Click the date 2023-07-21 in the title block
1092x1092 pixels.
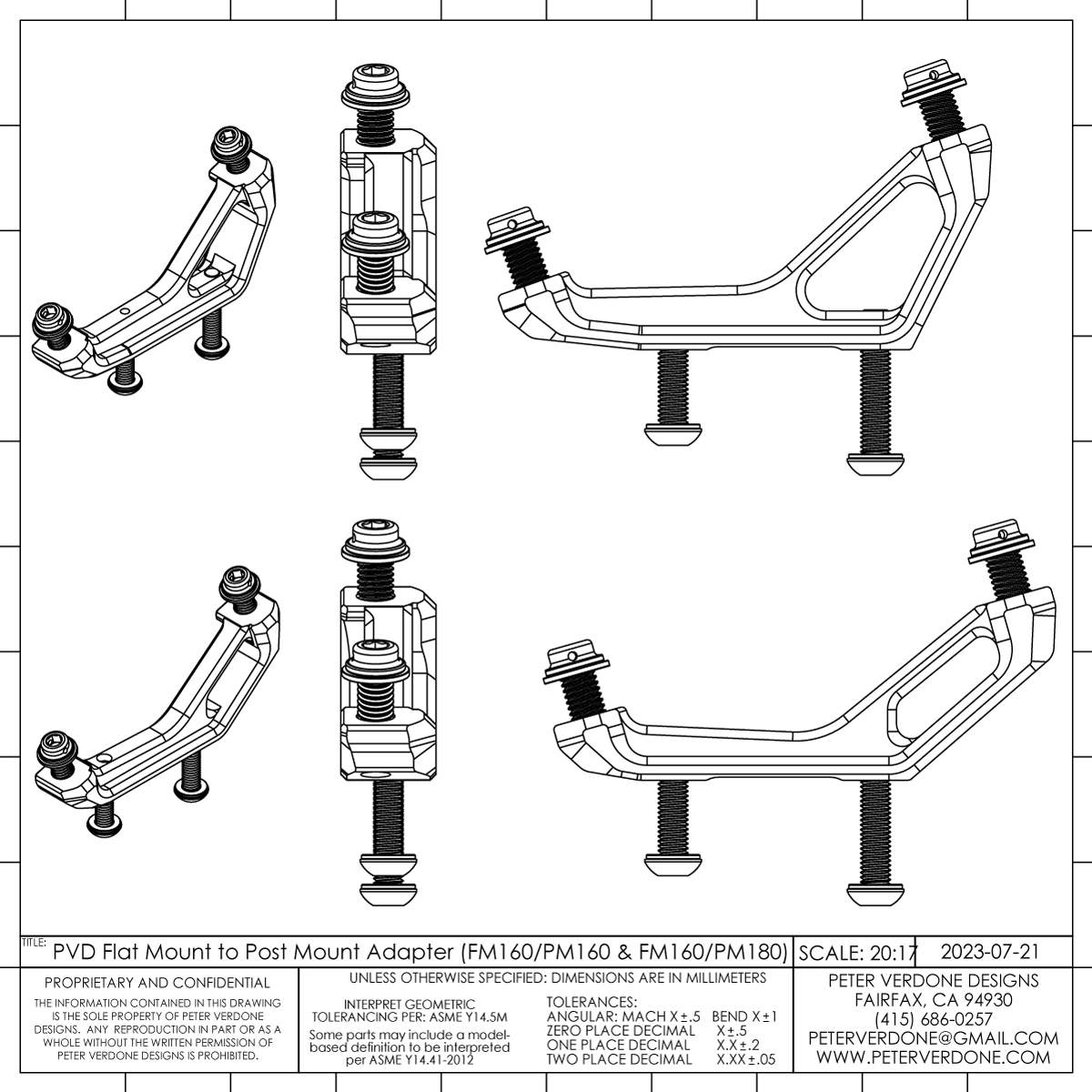pos(989,951)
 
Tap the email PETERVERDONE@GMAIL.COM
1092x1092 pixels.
pos(933,1038)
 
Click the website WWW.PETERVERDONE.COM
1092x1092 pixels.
pos(933,1058)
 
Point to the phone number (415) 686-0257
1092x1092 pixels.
pos(933,1018)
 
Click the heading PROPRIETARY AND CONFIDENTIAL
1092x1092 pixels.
pos(157,983)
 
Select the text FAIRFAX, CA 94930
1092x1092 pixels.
pos(933,999)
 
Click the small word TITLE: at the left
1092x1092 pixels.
pos(34,943)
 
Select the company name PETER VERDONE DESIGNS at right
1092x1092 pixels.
pos(933,980)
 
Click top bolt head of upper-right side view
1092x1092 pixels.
pos(927,79)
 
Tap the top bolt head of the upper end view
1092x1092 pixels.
pos(372,86)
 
